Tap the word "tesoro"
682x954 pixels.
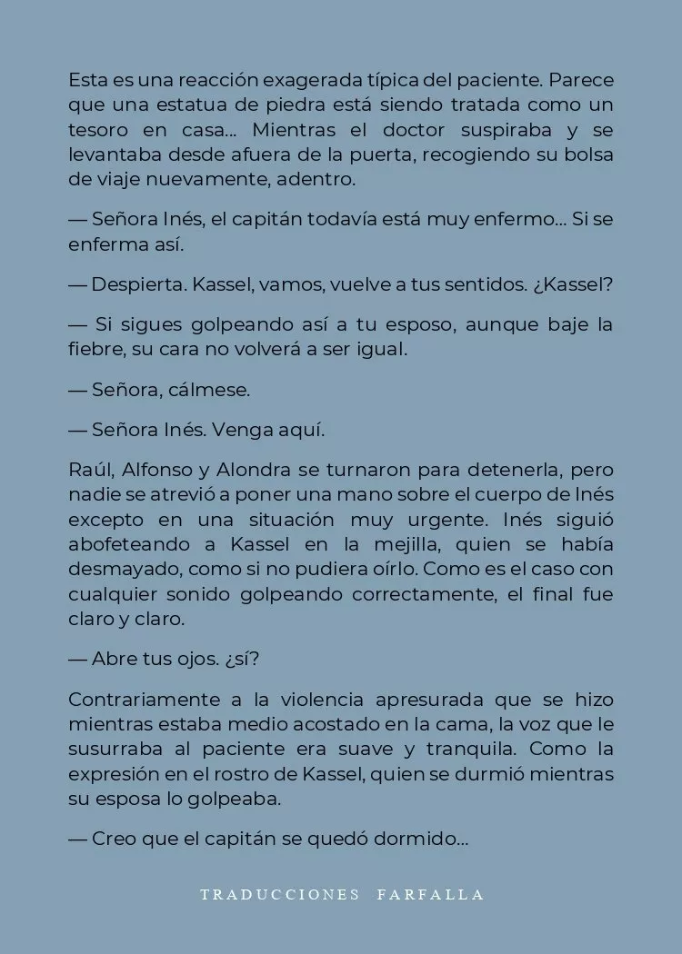click(x=95, y=129)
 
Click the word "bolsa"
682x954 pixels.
click(x=589, y=154)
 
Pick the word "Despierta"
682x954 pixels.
click(x=141, y=284)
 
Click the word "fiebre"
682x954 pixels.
click(x=94, y=350)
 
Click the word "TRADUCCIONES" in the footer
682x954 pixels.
click(x=279, y=895)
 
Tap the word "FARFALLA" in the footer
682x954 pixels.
click(x=430, y=895)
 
